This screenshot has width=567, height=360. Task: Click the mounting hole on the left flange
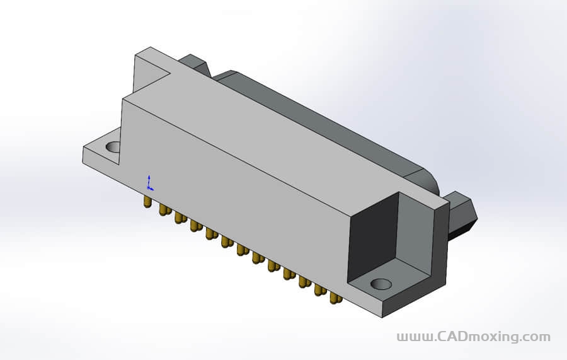coord(113,148)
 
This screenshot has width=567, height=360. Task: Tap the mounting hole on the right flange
coord(381,284)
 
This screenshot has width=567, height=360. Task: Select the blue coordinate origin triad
coord(149,183)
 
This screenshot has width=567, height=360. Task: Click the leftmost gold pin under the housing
coord(147,201)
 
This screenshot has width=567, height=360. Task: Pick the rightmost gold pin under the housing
coord(335,297)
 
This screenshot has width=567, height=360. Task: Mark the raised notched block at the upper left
coord(151,69)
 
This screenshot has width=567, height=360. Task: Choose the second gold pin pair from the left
coord(165,209)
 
